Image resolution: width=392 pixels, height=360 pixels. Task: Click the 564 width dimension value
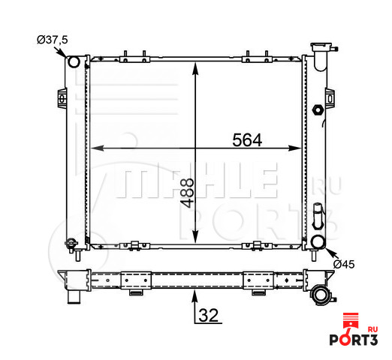[x=247, y=140]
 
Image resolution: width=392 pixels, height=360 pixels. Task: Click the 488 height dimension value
[x=187, y=193]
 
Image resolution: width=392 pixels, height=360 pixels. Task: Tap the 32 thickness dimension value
[x=209, y=315]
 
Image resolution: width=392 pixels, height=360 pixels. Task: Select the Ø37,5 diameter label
[x=53, y=40]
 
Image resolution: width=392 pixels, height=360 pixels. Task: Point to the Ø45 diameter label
[x=344, y=264]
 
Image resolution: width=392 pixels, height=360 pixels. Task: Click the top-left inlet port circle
[x=74, y=61]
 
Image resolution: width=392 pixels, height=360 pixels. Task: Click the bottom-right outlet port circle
[x=318, y=241]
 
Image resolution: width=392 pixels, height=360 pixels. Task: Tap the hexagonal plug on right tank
[x=318, y=109]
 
